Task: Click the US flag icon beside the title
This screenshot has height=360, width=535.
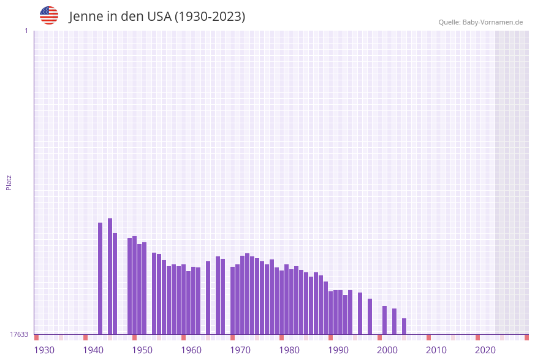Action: [49, 15]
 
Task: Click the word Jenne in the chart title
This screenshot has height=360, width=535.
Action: [86, 17]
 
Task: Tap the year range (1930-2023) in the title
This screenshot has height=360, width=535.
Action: [210, 17]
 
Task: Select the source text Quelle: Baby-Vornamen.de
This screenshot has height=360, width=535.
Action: [480, 22]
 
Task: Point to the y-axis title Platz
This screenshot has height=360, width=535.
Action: [9, 182]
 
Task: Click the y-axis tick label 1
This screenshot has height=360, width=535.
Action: [26, 31]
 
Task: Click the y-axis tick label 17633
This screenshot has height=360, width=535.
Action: [19, 334]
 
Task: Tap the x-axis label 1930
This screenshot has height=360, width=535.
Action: [44, 350]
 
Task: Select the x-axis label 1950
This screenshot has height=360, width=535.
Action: [142, 350]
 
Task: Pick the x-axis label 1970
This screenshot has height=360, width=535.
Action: [240, 350]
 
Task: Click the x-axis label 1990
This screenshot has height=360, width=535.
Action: [338, 350]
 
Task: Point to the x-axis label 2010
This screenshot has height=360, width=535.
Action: [436, 350]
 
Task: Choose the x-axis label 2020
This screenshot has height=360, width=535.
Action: [485, 350]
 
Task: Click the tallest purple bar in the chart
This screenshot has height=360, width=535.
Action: [110, 276]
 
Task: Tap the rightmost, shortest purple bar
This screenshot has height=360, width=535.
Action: [404, 326]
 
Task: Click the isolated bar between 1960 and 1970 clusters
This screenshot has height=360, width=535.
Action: [208, 297]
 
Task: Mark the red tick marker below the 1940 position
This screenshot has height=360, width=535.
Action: [86, 337]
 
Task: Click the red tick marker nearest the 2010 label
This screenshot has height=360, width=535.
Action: [429, 337]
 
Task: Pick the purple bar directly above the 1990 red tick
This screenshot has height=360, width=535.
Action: [331, 313]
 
